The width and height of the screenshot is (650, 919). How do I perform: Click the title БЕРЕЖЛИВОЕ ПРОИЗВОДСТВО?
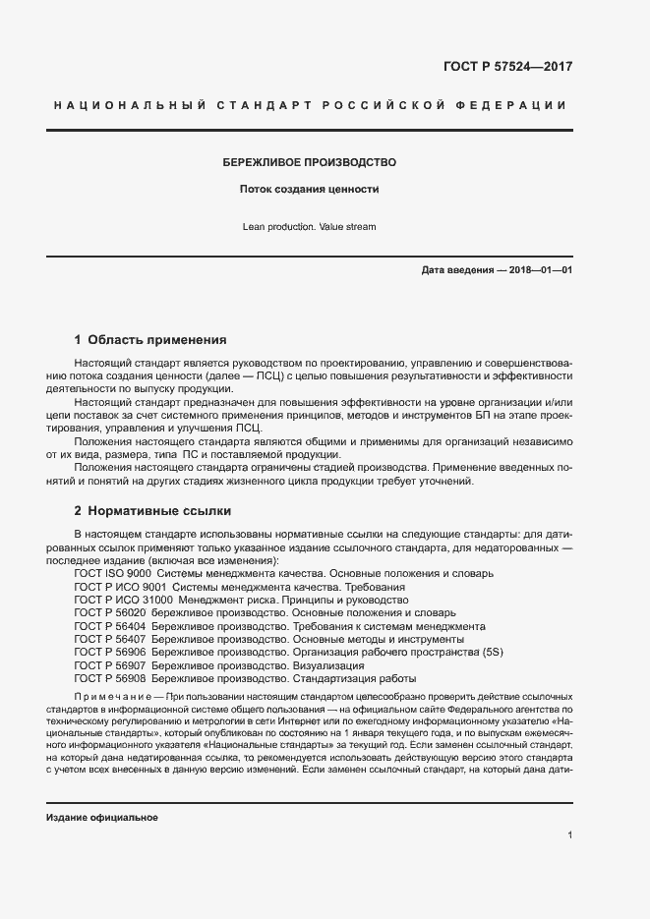pyautogui.click(x=310, y=162)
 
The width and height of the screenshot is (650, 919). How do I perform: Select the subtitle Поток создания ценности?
pyautogui.click(x=310, y=189)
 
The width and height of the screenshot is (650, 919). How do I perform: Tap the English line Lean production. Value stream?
pyautogui.click(x=309, y=227)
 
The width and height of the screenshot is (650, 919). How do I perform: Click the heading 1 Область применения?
pyautogui.click(x=150, y=340)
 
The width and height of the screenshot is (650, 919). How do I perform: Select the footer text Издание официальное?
pyautogui.click(x=102, y=818)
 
